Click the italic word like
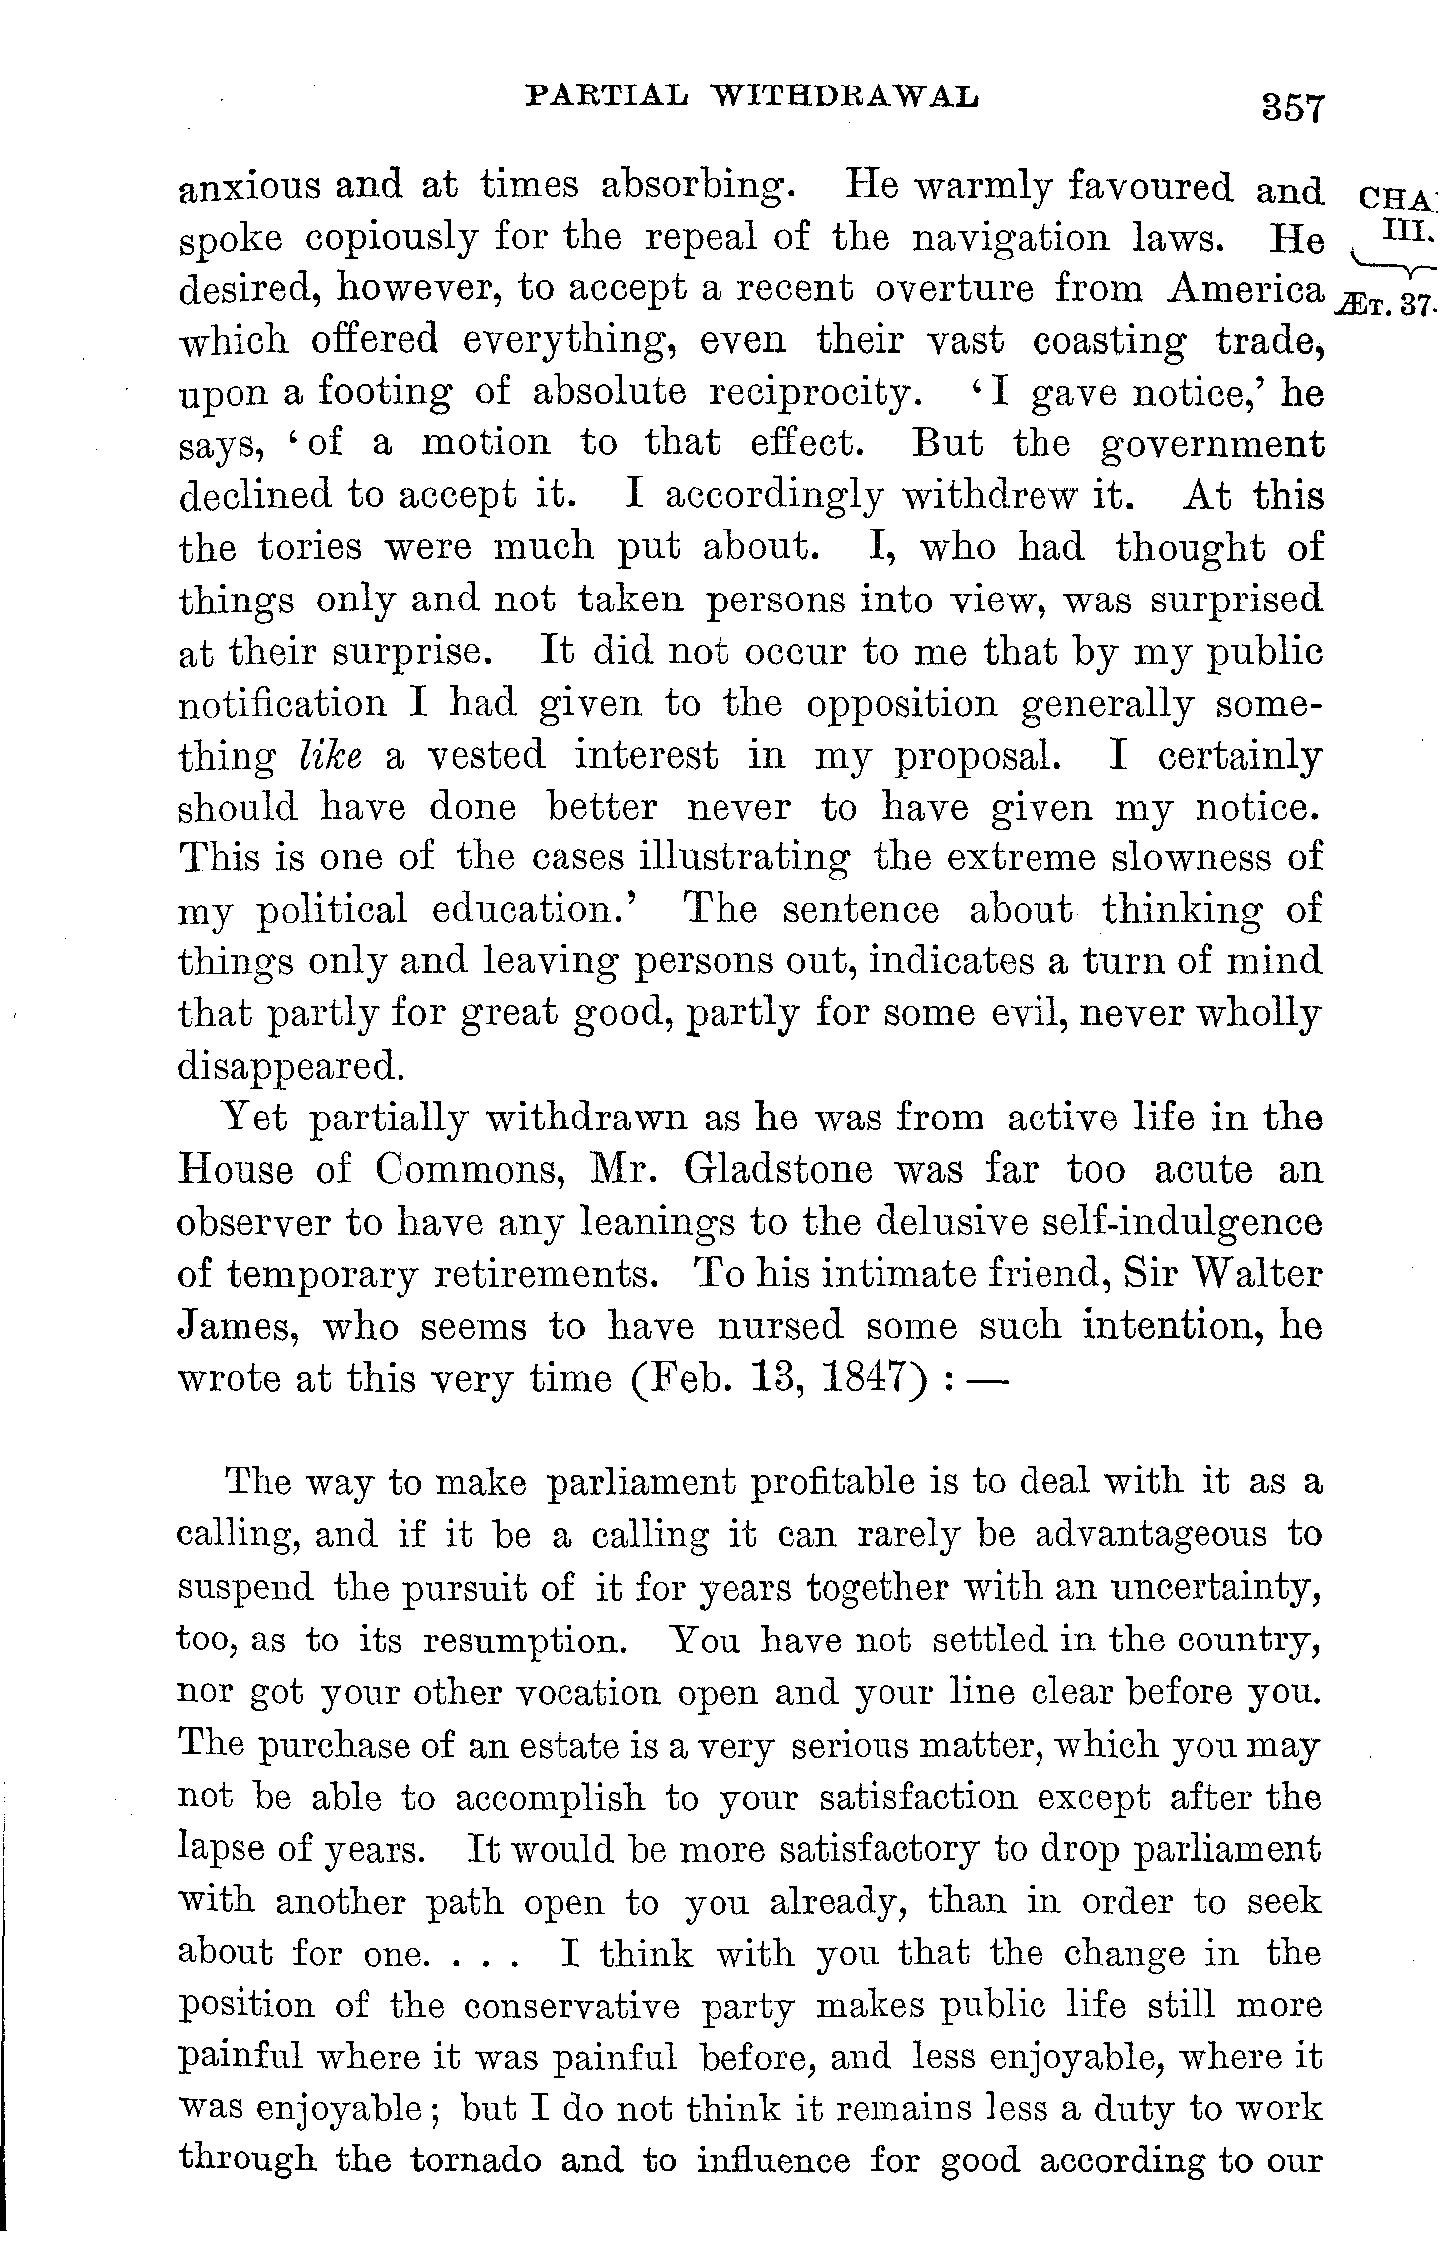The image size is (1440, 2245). point(328,755)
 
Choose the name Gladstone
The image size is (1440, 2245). point(778,1169)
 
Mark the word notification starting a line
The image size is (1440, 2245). point(282,703)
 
